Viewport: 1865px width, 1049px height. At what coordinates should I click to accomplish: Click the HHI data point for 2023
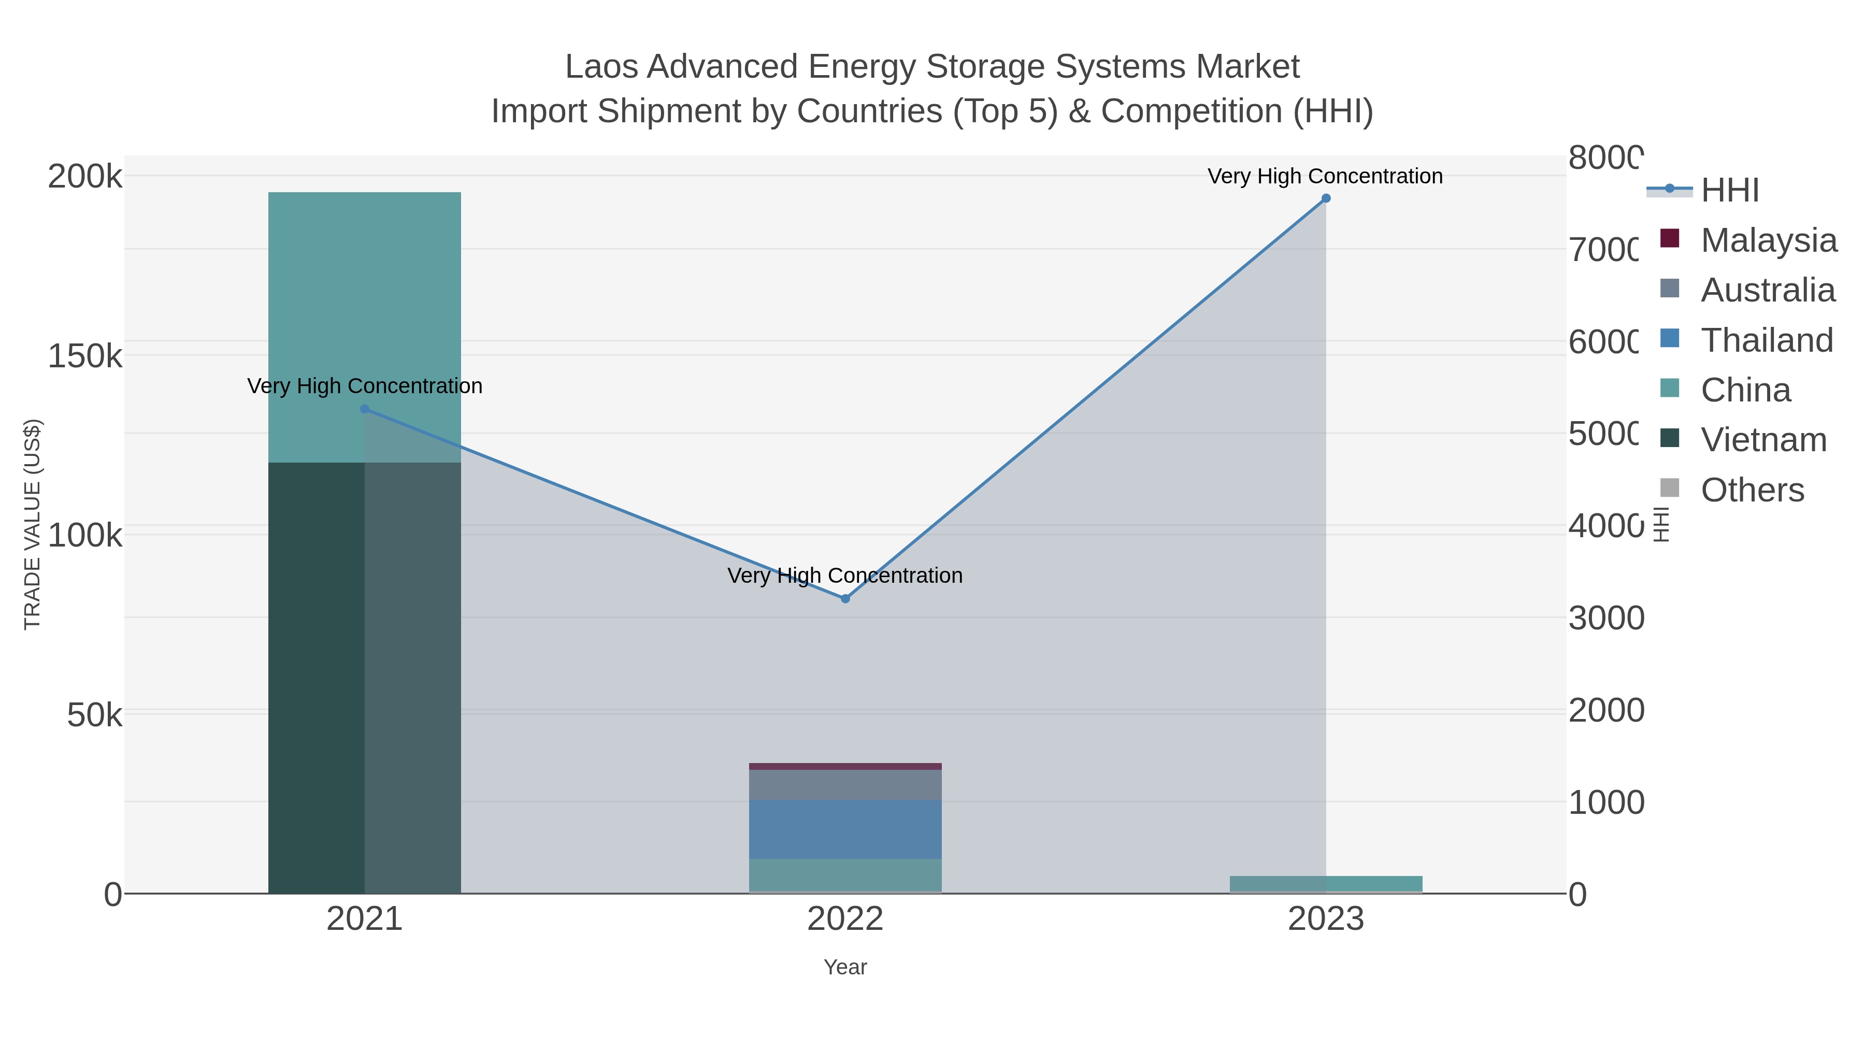1326,198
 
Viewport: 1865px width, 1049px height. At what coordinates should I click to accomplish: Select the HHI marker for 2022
845,599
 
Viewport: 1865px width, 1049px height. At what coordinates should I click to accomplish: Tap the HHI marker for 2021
365,409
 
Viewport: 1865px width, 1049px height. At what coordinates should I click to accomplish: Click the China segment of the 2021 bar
364,326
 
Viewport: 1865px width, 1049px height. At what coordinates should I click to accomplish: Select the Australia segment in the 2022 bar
845,785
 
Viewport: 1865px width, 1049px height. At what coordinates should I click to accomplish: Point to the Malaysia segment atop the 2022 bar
845,766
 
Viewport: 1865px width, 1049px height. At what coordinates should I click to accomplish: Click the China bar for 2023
1326,883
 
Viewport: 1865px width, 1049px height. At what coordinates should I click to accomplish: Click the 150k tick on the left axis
85,356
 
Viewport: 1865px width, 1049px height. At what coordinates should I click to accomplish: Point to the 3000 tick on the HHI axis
1606,618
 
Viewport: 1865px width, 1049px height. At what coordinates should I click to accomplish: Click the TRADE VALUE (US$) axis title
33,524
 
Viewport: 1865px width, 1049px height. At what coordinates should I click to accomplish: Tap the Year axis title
845,967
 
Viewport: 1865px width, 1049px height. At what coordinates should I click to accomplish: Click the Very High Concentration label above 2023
1325,176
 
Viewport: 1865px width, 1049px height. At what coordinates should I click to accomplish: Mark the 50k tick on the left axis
94,716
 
